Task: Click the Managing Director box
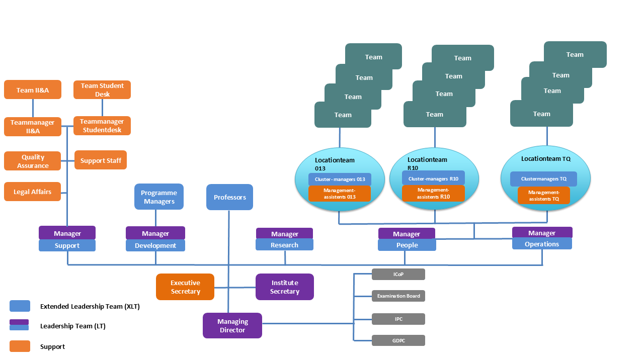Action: (232, 325)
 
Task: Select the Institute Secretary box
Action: (285, 287)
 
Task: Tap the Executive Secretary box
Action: (185, 287)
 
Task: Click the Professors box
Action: (229, 197)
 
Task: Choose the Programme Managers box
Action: (159, 197)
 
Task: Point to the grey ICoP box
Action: (398, 274)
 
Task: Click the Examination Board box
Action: (398, 296)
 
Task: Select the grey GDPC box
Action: (398, 340)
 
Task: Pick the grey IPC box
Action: (398, 319)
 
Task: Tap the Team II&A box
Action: (33, 89)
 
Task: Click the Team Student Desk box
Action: (102, 89)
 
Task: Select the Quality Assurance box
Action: (33, 161)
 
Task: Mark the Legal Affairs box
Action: (33, 192)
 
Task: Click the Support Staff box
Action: (101, 160)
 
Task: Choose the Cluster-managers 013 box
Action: (340, 179)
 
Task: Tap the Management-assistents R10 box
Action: (433, 193)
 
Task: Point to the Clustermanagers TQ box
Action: (543, 178)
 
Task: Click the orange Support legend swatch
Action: (20, 346)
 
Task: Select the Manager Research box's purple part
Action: (284, 233)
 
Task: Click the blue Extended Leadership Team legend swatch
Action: (20, 306)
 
